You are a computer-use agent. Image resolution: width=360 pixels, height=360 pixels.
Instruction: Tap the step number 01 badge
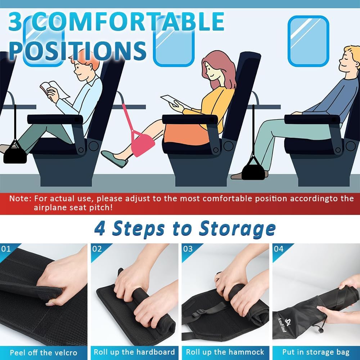pyautogui.click(x=6, y=249)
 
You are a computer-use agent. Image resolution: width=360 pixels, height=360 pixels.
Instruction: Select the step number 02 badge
pyautogui.click(x=97, y=249)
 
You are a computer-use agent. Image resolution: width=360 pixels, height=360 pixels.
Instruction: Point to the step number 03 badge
pyautogui.click(x=188, y=249)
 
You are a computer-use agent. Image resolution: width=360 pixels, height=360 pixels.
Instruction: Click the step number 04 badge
pyautogui.click(x=279, y=249)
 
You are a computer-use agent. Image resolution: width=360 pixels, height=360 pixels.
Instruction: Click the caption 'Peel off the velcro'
pyautogui.click(x=44, y=352)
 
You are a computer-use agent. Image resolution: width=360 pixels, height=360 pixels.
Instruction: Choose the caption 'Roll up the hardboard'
pyautogui.click(x=134, y=352)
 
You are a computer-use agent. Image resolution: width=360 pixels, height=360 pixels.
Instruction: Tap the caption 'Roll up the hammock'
pyautogui.click(x=225, y=352)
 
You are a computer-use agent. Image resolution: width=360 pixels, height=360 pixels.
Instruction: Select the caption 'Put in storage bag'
pyautogui.click(x=316, y=352)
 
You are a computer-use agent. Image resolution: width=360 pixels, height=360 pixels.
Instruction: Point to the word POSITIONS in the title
pyautogui.click(x=77, y=50)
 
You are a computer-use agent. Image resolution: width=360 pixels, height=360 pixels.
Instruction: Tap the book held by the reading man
pyautogui.click(x=50, y=88)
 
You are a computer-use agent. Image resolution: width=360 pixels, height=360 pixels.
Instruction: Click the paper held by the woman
pyautogui.click(x=171, y=101)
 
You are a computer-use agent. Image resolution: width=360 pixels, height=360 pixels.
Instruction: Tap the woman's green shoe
pyautogui.click(x=114, y=159)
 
